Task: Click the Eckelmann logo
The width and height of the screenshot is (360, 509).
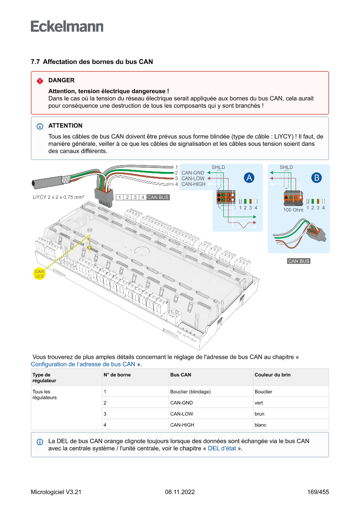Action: coord(67,26)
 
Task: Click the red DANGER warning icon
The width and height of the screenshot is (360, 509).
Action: coord(40,81)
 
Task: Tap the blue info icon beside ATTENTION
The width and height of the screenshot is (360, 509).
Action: coord(40,126)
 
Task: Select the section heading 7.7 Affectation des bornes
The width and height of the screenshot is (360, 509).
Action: coord(92,62)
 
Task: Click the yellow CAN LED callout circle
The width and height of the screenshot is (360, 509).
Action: coord(40,274)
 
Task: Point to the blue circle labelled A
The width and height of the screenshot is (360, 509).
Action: coord(249,177)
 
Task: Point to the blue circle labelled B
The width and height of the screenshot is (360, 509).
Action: coord(316,177)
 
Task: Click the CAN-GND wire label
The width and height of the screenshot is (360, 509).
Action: coord(193,173)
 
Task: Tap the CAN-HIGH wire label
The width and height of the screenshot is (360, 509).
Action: coord(193,184)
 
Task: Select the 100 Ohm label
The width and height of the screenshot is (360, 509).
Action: coord(293,210)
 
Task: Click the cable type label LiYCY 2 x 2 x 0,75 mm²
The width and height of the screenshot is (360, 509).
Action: coord(58,197)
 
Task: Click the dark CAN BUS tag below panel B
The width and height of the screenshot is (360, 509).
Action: coord(299,261)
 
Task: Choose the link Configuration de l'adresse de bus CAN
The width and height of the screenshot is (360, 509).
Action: coord(83,364)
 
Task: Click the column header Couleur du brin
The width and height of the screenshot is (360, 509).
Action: coord(273,374)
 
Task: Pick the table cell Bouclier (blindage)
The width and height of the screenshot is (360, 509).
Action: coord(190,391)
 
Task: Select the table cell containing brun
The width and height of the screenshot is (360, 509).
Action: coord(259,414)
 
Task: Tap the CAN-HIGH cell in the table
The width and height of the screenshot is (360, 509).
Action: coord(182,425)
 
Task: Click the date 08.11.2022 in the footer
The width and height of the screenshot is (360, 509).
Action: coord(180,492)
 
